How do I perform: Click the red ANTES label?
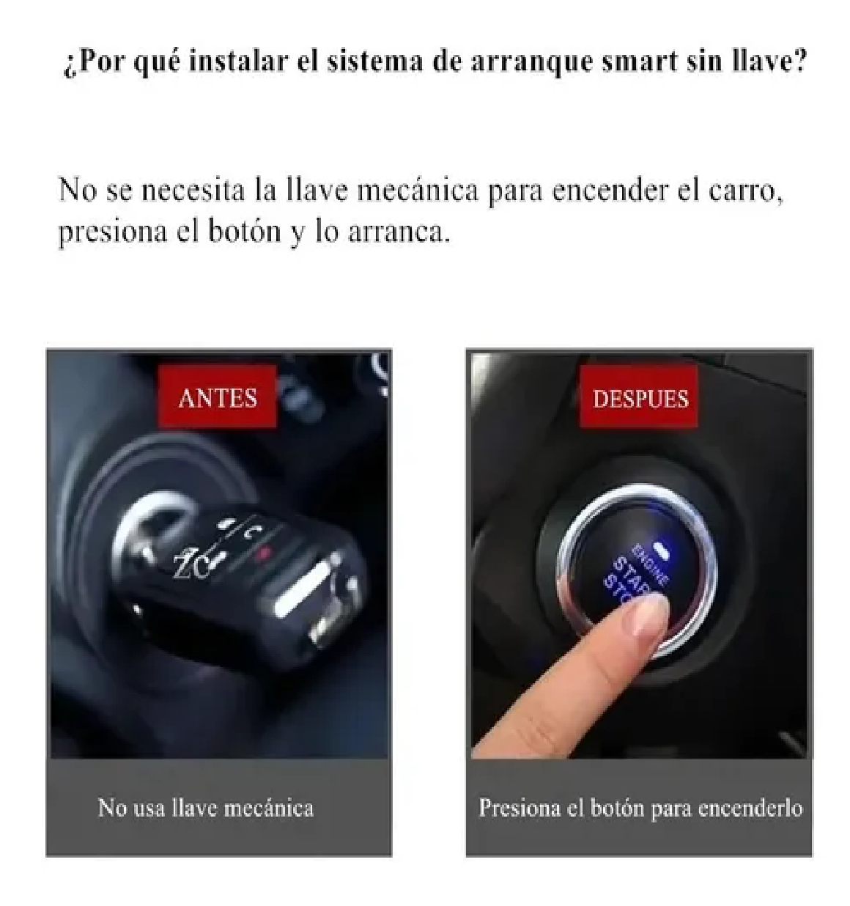(x=218, y=398)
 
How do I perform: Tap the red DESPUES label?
(x=640, y=399)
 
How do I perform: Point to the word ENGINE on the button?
(x=650, y=563)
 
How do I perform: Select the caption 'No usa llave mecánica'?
(x=206, y=808)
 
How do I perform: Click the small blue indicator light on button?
(x=665, y=548)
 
